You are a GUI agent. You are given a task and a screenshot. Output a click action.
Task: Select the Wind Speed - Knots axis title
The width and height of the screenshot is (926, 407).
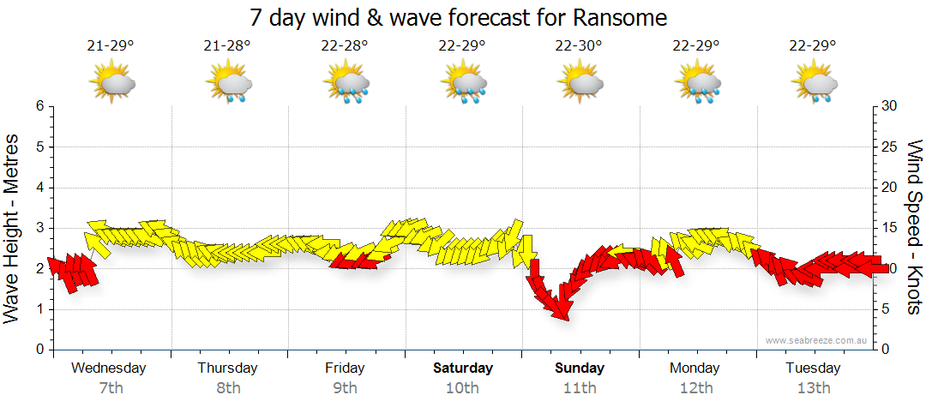914,228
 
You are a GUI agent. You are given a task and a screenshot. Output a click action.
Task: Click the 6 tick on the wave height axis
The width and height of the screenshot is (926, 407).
39,106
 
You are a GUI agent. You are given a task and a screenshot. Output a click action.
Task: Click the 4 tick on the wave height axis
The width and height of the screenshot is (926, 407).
39,188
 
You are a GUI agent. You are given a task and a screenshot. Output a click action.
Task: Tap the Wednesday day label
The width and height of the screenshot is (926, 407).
109,368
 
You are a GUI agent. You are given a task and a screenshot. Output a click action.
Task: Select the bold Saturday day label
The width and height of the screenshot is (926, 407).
463,368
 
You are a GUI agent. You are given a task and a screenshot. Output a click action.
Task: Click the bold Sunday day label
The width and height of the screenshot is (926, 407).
580,368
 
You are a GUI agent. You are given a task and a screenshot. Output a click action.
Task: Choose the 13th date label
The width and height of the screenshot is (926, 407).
814,388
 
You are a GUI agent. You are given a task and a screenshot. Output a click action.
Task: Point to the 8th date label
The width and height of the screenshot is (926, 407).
227,388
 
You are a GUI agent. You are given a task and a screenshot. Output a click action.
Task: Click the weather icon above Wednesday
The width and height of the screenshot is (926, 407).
111,84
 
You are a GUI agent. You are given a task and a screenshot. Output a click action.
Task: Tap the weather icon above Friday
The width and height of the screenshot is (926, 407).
346,84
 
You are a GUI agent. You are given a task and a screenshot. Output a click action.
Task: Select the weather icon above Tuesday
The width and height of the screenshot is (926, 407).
814,84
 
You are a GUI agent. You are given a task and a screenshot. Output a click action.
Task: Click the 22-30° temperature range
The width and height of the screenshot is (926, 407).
580,45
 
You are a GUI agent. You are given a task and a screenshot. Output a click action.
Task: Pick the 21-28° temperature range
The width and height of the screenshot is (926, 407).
227,45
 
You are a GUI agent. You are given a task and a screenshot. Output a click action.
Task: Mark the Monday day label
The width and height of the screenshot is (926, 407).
695,368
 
